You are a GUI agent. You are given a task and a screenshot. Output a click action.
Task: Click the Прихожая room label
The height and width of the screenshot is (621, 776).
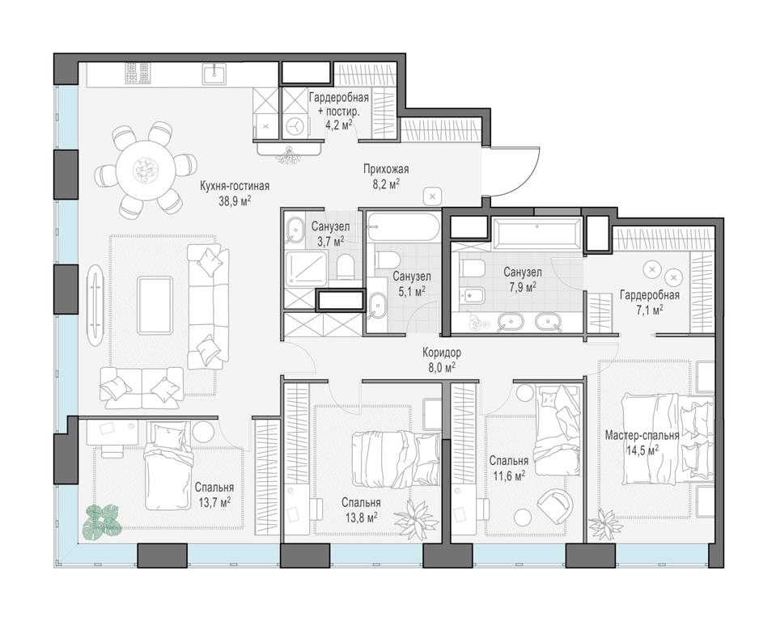tap(385, 169)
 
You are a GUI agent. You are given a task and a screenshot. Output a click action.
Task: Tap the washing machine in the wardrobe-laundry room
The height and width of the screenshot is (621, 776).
tap(296, 125)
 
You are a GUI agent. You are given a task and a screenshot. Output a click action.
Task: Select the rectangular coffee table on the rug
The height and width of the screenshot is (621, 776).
tap(155, 305)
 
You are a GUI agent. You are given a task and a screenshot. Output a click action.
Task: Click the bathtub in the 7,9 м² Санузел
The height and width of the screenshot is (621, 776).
tap(536, 234)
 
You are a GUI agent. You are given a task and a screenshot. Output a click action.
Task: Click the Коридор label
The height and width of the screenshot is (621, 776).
tap(442, 353)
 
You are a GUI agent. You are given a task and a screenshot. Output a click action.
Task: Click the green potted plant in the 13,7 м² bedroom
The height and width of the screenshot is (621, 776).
tap(100, 521)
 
